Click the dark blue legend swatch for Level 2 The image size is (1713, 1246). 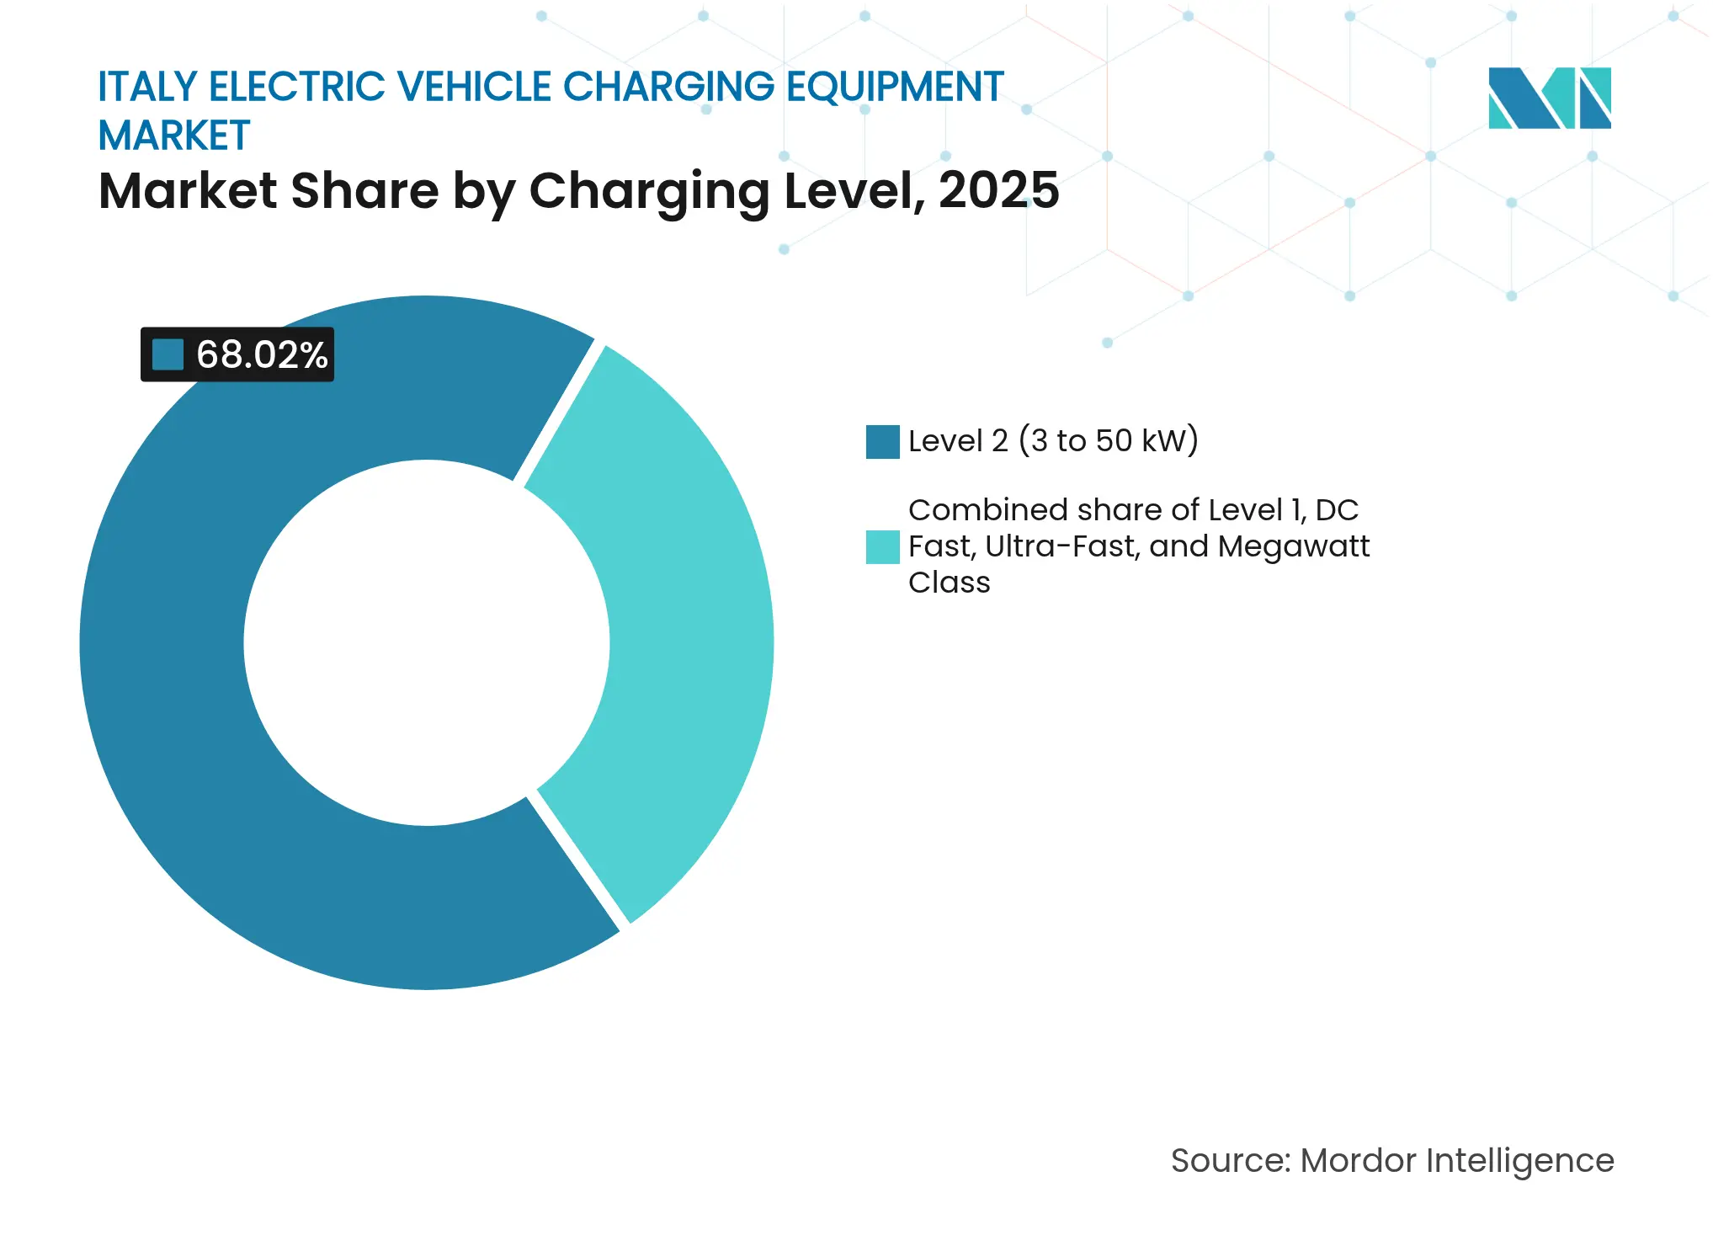point(882,442)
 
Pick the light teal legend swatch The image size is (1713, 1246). point(882,546)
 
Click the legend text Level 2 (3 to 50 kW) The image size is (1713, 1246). point(1052,441)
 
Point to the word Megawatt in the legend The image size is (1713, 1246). point(1293,546)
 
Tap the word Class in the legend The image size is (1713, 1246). point(949,583)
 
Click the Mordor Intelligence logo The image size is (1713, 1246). point(1549,98)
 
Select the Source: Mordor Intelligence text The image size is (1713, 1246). point(1391,1160)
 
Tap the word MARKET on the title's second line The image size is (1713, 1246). point(174,136)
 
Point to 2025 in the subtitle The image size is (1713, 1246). point(998,190)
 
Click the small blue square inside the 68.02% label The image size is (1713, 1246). point(168,354)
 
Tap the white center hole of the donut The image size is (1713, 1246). point(426,642)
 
